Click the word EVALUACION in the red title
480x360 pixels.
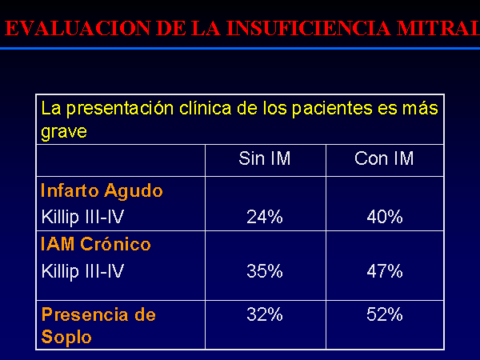(x=78, y=28)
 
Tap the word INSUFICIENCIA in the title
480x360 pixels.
(x=309, y=28)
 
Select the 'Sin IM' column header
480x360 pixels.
(x=265, y=158)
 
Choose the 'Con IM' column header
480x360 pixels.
(x=384, y=158)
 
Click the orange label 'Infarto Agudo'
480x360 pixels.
(x=102, y=190)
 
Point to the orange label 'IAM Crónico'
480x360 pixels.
(x=96, y=244)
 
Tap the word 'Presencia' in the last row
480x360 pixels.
(x=85, y=314)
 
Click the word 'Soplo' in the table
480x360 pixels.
(x=66, y=338)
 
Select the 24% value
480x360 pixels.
(x=265, y=217)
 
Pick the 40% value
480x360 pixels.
(x=385, y=217)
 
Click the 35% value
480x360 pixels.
(x=265, y=271)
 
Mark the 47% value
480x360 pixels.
(x=385, y=271)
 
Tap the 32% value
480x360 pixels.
(x=265, y=314)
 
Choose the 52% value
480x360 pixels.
(x=385, y=314)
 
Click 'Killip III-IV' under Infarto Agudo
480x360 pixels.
(x=82, y=217)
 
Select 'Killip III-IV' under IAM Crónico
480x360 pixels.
(x=82, y=271)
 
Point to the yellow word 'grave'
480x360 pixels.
(x=64, y=132)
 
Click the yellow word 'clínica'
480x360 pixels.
(x=205, y=108)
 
